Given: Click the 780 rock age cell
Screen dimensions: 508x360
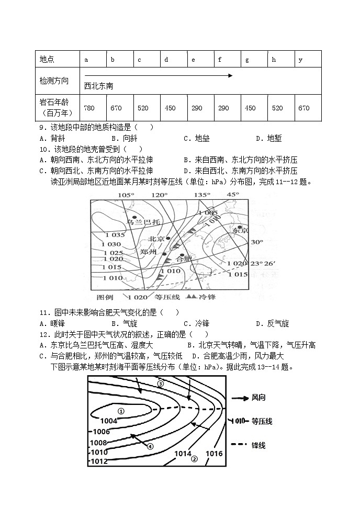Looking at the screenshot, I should click(x=89, y=108).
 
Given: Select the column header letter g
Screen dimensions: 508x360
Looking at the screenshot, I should click(x=247, y=60).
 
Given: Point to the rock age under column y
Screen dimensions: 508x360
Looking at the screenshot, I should click(x=304, y=108).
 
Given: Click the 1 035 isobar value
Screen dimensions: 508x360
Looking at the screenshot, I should click(x=115, y=235).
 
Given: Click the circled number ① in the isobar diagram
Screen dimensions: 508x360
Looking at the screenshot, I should click(x=121, y=411).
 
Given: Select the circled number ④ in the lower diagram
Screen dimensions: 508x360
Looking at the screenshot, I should click(x=150, y=446).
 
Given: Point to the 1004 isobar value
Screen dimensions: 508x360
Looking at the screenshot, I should click(x=108, y=421).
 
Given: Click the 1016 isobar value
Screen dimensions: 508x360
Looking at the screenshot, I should click(x=215, y=453).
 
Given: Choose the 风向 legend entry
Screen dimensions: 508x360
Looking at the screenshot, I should click(x=258, y=398).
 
